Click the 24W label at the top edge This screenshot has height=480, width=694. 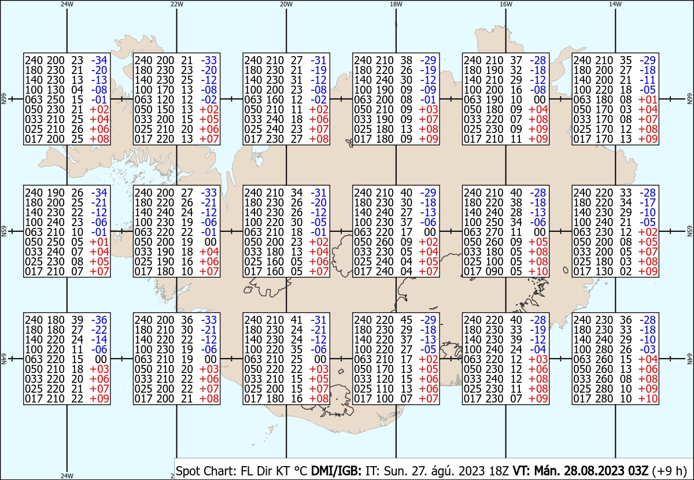click(67, 4)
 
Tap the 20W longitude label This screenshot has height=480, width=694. click(286, 4)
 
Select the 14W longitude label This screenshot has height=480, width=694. click(615, 4)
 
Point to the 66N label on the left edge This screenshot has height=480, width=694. click(3, 99)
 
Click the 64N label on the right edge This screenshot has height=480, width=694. click(689, 359)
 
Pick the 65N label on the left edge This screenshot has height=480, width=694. click(3, 231)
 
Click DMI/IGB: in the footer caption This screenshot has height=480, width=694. click(336, 471)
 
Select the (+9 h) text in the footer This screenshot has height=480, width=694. click(669, 471)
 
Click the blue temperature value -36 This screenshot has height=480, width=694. click(99, 320)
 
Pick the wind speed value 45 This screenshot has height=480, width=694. click(406, 320)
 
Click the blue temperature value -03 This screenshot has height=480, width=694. click(648, 349)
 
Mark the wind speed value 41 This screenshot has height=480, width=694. click(297, 320)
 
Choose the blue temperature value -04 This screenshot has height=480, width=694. click(538, 349)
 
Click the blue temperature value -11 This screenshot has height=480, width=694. click(648, 80)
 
